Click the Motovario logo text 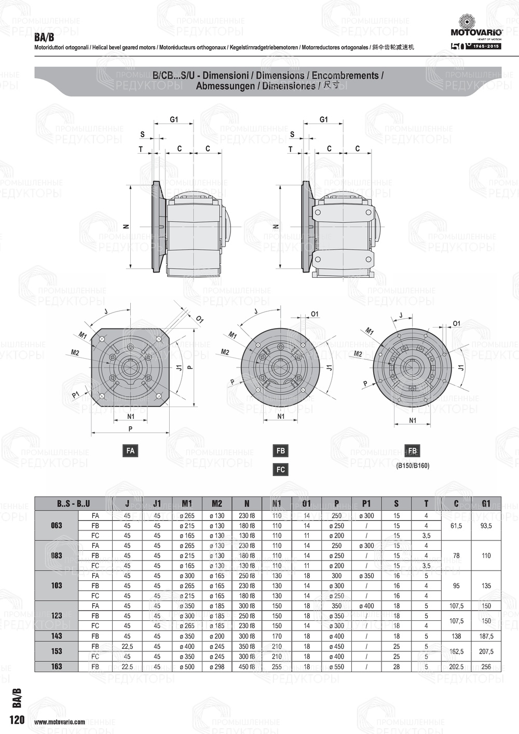coord(476,32)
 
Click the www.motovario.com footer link coord(60,722)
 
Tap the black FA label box coord(130,451)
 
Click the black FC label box coord(281,469)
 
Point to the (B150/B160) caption coord(413,466)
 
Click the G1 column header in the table coord(486,503)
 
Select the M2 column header coord(217,503)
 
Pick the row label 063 coord(57,525)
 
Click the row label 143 coord(57,636)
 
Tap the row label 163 coord(57,667)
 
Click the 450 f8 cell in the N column coord(247,667)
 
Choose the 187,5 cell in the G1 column coord(486,636)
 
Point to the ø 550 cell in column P coord(336,667)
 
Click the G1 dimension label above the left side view coord(174,119)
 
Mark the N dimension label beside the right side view coord(276,226)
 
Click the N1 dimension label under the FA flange coord(131,416)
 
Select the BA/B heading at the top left coord(44,38)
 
